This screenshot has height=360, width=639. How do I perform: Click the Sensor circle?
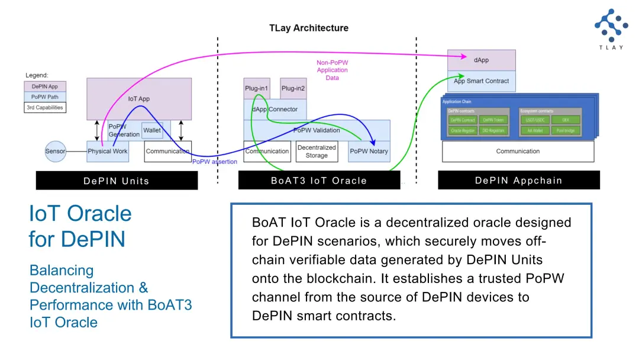pos(55,152)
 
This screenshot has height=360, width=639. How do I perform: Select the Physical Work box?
pos(108,152)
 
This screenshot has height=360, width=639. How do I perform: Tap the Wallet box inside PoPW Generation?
pos(152,130)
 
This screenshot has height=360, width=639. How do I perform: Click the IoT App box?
pos(139,98)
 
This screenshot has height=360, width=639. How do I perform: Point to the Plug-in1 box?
pos(257,88)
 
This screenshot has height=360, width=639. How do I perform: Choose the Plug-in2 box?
pos(293,88)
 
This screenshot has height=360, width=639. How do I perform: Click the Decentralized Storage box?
pos(317,152)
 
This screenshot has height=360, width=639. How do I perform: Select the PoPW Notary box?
pos(369,152)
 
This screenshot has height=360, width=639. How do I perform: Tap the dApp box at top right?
pos(481,60)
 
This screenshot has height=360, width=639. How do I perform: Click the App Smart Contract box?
pos(481,81)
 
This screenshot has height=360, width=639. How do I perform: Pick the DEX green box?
pos(566,120)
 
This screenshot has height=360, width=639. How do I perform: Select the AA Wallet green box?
pos(535,130)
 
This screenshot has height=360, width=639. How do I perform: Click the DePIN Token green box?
pos(492,120)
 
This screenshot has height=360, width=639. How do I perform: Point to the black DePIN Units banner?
pos(117,181)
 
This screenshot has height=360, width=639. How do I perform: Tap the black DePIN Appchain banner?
pos(518,181)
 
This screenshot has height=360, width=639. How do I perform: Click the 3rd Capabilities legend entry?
pos(45,107)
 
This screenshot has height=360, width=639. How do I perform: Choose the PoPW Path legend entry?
pos(45,97)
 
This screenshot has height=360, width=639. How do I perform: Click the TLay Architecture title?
pos(309,28)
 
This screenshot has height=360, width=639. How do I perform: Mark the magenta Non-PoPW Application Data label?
pos(332,70)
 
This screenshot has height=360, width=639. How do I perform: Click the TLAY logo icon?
pos(611,25)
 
